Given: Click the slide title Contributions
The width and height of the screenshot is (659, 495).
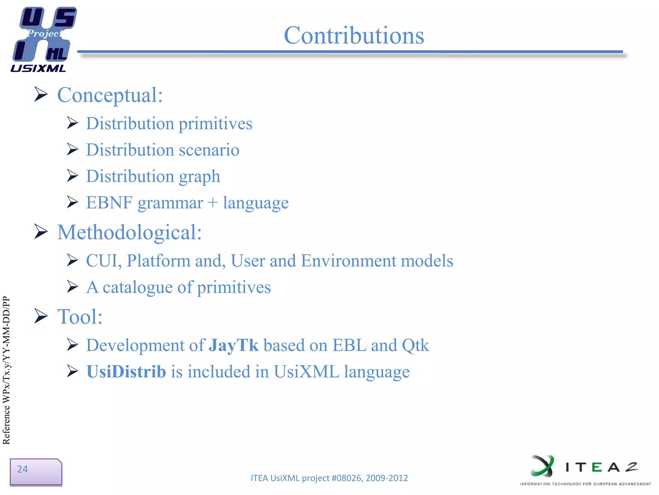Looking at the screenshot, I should pos(354,35).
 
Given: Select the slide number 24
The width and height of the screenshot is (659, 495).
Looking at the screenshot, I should pos(23,469).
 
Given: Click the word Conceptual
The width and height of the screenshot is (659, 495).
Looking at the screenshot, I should pos(109,95).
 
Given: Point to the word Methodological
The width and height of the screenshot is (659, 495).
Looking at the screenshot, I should pos(129,232).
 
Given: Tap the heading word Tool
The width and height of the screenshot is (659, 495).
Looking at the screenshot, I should pos(79,316).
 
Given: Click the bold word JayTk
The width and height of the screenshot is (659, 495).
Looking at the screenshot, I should pos(233,345).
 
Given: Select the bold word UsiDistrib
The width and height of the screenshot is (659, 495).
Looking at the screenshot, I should pos(126,372).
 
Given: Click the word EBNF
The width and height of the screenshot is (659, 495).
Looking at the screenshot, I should pos(109,203).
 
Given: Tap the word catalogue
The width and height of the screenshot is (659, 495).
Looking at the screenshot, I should pos(137,287).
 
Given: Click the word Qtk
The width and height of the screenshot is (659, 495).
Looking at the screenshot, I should pos(415,345).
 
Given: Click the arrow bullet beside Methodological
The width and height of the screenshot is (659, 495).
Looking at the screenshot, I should pos(41,232).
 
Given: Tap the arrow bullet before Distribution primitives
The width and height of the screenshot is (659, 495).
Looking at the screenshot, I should pos(72,123).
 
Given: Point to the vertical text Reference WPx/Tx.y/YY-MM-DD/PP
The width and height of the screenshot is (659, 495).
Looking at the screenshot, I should pos(6,370).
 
